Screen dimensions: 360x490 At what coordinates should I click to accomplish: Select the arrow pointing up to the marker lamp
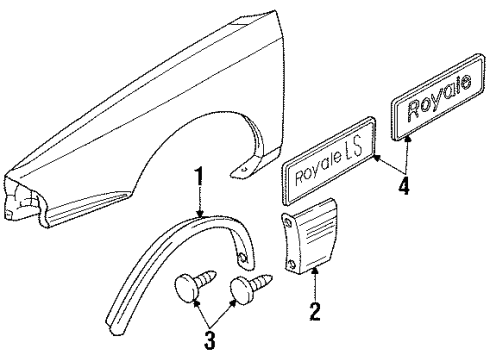314,301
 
